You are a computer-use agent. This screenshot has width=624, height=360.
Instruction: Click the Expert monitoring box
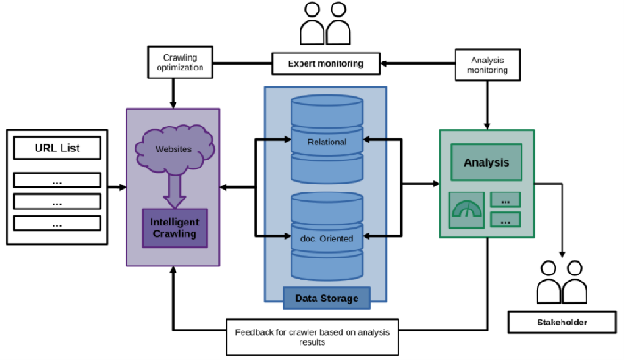click(x=325, y=63)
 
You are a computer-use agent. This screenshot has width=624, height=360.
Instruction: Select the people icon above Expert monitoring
click(x=324, y=24)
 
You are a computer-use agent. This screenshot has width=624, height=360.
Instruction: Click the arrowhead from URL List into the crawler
click(x=121, y=187)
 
